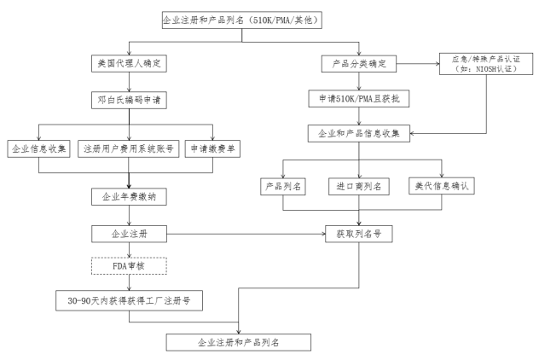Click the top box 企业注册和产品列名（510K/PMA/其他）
(242, 20)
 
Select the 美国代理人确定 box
(129, 63)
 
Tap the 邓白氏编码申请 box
(129, 100)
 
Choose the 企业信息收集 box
(39, 149)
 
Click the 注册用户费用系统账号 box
(129, 149)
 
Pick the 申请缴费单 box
(212, 149)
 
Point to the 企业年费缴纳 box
(129, 197)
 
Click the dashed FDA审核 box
(129, 266)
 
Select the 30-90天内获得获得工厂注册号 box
(129, 301)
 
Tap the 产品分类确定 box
(359, 64)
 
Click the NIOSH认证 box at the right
(486, 64)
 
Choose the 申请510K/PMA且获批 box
(359, 99)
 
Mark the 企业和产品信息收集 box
(359, 133)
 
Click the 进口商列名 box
(359, 186)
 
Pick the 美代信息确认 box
(442, 186)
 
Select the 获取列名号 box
(359, 234)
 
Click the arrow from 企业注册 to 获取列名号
(246, 234)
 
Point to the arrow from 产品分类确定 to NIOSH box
(418, 64)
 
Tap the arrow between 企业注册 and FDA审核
(130, 250)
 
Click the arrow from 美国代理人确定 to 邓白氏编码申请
(130, 82)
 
